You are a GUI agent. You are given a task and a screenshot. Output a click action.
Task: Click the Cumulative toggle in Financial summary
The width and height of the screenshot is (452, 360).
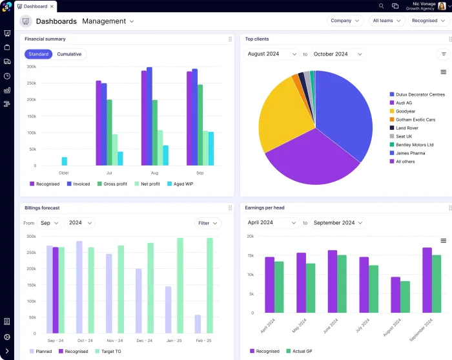point(69,54)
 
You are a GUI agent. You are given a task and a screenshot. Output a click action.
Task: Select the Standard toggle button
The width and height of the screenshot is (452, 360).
point(39,54)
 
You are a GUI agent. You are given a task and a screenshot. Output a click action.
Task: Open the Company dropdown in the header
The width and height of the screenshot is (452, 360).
point(345,21)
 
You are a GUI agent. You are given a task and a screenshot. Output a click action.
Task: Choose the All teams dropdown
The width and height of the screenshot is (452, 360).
point(387,21)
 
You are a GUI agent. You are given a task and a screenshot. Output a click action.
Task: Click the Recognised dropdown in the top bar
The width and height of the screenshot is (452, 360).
point(428,21)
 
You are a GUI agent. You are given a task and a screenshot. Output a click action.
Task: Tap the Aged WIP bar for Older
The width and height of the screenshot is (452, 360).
point(64,161)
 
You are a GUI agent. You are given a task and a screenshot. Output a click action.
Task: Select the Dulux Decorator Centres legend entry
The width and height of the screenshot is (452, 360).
point(416,94)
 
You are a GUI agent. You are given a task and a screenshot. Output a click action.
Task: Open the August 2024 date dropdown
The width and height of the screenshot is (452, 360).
point(272,54)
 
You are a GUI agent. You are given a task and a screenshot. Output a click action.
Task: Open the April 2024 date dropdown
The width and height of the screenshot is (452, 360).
point(272,223)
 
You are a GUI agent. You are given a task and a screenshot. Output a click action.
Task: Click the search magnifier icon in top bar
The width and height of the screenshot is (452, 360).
point(382,6)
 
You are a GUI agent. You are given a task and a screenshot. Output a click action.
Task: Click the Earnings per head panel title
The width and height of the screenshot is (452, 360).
point(265,207)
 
